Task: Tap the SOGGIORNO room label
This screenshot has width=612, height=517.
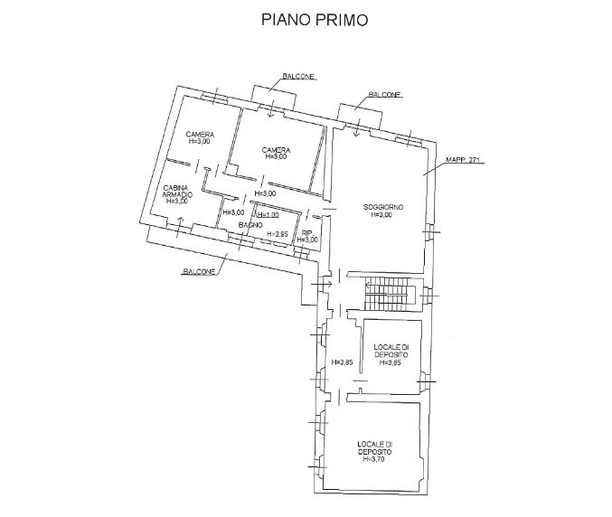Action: pos(383,207)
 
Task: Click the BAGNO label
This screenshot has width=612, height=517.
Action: pos(250,224)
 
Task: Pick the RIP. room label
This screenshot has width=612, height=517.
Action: pos(308,232)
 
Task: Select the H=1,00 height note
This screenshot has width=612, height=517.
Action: pos(268,215)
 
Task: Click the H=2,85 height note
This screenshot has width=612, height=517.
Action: pos(277,235)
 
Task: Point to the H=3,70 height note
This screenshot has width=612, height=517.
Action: pos(374,459)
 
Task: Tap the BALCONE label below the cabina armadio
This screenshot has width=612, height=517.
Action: pos(198,272)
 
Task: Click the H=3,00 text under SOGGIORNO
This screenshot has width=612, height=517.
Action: pos(383,215)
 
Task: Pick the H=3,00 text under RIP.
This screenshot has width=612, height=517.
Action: pos(308,240)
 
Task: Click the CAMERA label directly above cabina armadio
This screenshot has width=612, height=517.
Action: pos(200,135)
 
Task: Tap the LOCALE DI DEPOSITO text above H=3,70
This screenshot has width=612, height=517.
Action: pos(374,447)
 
